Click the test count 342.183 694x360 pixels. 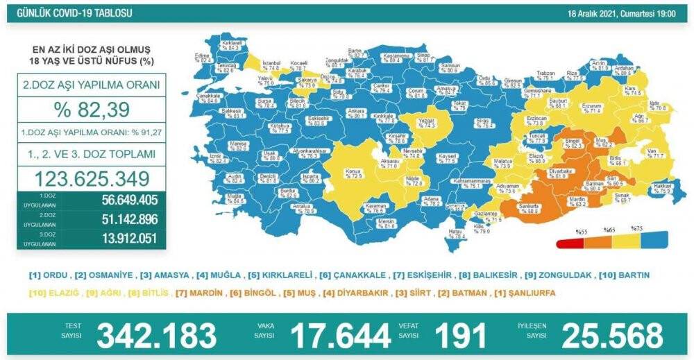pos(156,336)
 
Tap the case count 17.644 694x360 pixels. pos(339,336)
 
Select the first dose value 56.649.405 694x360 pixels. pos(120,201)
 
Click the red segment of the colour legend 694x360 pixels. pos(569,241)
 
